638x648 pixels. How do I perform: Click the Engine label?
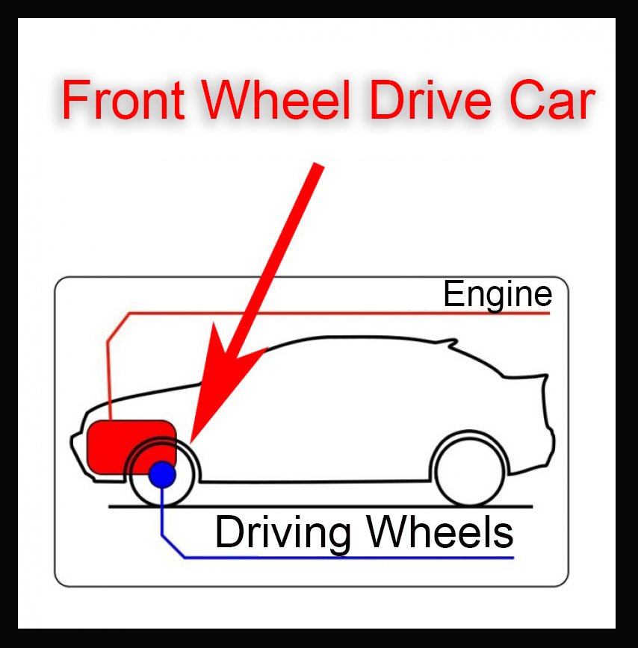498,294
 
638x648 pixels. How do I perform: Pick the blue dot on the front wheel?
162,473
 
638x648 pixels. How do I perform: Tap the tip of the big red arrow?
193,438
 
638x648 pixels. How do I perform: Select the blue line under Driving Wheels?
336,558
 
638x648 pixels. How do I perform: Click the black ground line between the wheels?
314,506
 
